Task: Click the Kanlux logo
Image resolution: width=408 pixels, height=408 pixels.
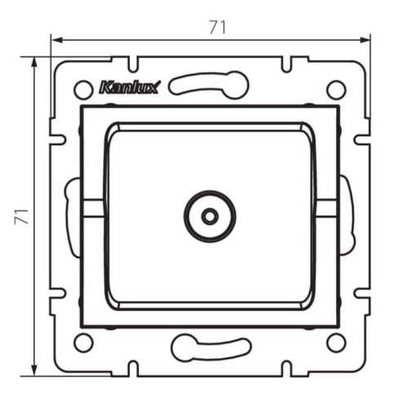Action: pos(130,87)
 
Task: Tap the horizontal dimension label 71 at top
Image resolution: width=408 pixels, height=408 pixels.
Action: pos(218,28)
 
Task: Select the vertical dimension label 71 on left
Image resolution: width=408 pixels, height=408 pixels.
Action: pos(21,216)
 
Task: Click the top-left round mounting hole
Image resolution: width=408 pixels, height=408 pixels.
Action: pos(83,90)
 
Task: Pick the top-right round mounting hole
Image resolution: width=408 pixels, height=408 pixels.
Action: pos(336,90)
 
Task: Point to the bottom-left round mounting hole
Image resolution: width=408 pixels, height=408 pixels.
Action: pos(83,343)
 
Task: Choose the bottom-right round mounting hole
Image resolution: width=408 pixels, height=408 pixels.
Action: pos(336,343)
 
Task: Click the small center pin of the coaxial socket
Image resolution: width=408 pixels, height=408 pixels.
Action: pos(210,216)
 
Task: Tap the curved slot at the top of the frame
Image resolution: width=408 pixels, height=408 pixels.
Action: pos(209,85)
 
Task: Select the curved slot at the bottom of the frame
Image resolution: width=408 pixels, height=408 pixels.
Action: pos(211,348)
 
